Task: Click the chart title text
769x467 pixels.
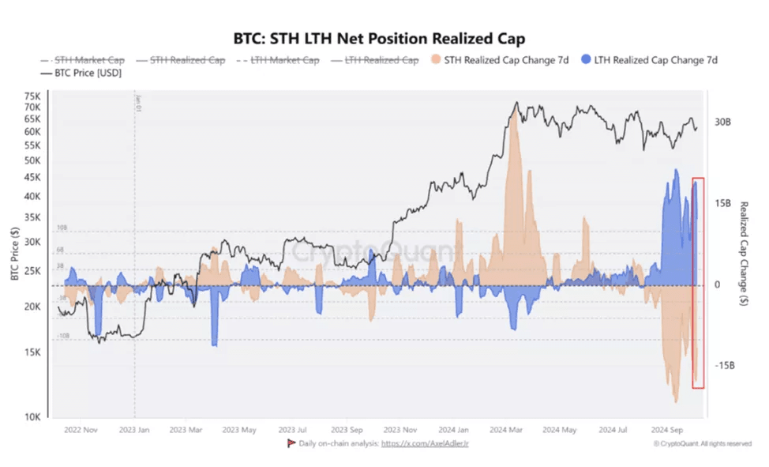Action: [x=379, y=38]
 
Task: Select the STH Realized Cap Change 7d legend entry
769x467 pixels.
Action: [x=499, y=60]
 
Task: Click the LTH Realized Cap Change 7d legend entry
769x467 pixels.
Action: [x=648, y=60]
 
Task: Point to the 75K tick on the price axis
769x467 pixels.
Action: [x=32, y=96]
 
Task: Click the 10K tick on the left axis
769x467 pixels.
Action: [x=32, y=417]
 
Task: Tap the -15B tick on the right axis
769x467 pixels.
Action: [x=724, y=366]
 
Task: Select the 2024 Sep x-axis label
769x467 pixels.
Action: [x=666, y=431]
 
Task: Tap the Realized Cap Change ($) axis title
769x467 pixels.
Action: [x=743, y=253]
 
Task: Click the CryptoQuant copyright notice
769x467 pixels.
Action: [x=703, y=444]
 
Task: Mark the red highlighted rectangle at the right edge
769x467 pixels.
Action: [x=698, y=282]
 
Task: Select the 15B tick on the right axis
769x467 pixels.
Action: [x=724, y=203]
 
